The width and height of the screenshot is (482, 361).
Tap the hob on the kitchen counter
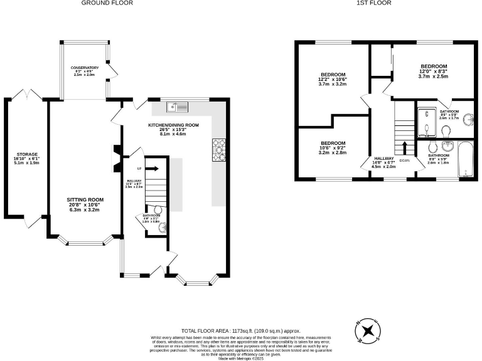(220, 149)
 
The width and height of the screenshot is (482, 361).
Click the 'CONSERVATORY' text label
(85, 67)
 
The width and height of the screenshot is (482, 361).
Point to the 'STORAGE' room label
(27, 154)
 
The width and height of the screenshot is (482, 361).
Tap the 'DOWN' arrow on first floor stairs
(404, 149)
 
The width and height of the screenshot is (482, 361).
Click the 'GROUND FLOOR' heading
(107, 3)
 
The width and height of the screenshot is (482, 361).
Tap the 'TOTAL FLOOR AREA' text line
(241, 330)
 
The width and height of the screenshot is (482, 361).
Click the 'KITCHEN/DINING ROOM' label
(173, 125)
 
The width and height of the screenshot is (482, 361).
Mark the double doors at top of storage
(27, 95)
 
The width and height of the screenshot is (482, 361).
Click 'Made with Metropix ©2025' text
(241, 357)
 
